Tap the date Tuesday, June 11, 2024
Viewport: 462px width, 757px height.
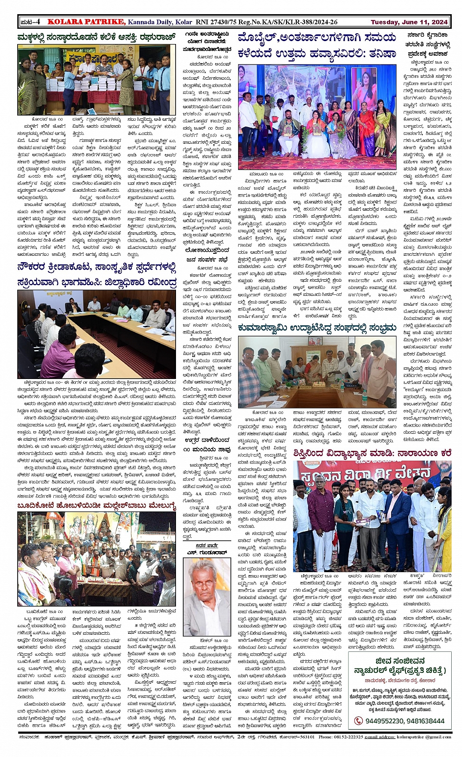tap(409, 22)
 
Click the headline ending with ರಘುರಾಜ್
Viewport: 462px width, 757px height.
tap(96, 37)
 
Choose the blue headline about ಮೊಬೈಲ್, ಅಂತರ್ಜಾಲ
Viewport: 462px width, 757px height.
tap(316, 45)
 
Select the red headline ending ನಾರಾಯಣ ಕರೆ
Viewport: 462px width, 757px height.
tap(372, 453)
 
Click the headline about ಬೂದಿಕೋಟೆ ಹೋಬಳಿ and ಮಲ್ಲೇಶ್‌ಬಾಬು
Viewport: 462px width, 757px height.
tap(96, 505)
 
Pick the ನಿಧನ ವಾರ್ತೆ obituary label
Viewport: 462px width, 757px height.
tap(207, 546)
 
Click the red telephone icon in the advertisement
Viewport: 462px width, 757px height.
tap(359, 721)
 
